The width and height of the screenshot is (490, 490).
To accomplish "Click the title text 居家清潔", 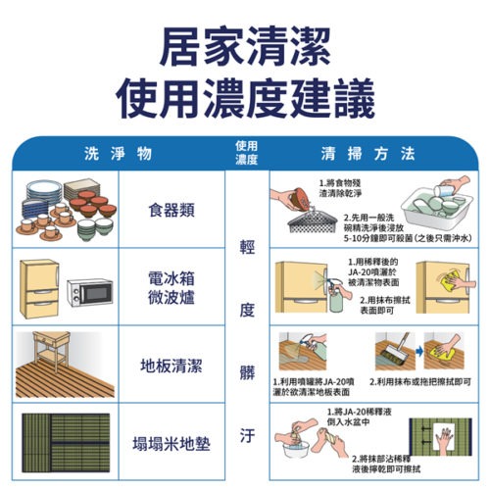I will tap(244, 47).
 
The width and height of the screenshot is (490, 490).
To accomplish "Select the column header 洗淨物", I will tap(118, 154).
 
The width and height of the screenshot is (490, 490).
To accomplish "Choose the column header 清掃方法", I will tap(368, 154).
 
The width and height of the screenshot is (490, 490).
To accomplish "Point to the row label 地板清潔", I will tap(171, 366).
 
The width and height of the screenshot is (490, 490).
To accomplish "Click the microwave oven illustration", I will tap(90, 293).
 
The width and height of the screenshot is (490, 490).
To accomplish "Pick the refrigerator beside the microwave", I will tap(40, 285).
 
